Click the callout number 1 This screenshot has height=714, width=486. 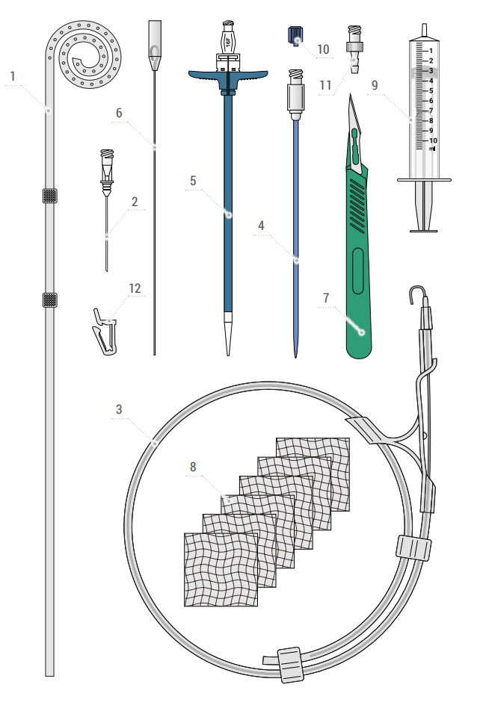pyautogui.click(x=13, y=76)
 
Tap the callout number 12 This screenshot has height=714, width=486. pyautogui.click(x=135, y=288)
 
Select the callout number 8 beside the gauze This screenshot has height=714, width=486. pyautogui.click(x=193, y=467)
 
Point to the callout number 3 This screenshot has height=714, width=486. pyautogui.click(x=119, y=409)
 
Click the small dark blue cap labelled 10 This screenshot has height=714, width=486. pyautogui.click(x=295, y=36)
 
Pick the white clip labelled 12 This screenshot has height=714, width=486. pyautogui.click(x=105, y=332)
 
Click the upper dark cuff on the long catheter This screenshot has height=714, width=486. pyautogui.click(x=49, y=196)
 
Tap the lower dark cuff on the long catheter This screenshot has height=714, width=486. pyautogui.click(x=49, y=300)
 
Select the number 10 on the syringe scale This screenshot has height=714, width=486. pyautogui.click(x=433, y=140)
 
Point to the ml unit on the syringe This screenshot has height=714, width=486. pyautogui.click(x=432, y=149)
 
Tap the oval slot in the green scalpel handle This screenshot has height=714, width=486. pyautogui.click(x=358, y=270)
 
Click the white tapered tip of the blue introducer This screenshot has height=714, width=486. pyautogui.click(x=228, y=333)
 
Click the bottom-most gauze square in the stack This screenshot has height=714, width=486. pyautogui.click(x=221, y=570)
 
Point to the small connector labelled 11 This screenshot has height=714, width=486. pyautogui.click(x=354, y=49)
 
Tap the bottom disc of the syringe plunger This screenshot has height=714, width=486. pyautogui.click(x=423, y=231)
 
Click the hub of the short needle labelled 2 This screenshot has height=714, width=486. pyautogui.click(x=107, y=170)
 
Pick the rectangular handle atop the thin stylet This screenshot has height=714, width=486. pyautogui.click(x=155, y=38)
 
